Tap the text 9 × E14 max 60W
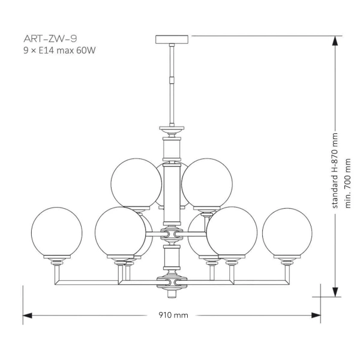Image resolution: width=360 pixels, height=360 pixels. click(59, 51)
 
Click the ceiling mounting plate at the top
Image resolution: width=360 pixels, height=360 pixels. click(172, 39)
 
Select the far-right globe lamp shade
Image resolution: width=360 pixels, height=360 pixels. click(287, 232)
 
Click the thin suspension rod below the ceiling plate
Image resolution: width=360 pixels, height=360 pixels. click(172, 60)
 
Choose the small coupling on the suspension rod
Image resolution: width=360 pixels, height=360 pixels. click(172, 79)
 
